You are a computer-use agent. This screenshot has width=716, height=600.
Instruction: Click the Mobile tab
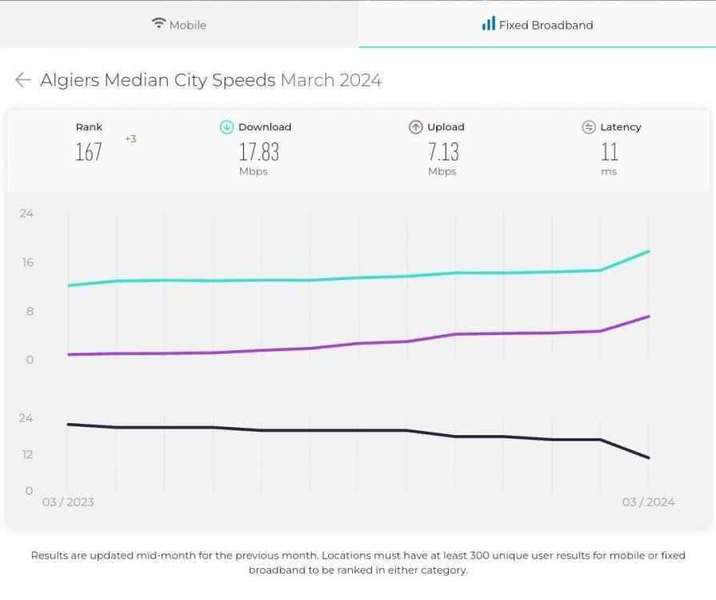[x=179, y=25]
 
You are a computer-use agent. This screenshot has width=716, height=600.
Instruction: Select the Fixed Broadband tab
[x=538, y=25]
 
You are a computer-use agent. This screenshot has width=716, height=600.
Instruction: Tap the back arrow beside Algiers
[x=23, y=80]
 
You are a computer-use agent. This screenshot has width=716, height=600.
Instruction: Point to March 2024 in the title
[x=330, y=80]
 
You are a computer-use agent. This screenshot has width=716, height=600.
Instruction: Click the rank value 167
[x=89, y=152]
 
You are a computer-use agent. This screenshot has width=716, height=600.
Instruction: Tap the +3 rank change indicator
[x=130, y=139]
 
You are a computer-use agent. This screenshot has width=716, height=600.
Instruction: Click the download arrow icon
[x=226, y=127]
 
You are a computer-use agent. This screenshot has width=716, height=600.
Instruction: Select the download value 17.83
[x=258, y=152]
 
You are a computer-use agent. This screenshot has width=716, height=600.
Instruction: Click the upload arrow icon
[x=415, y=127]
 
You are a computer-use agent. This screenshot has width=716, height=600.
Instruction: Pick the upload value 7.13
[x=442, y=152]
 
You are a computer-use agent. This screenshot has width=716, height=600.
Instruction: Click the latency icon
[x=589, y=127]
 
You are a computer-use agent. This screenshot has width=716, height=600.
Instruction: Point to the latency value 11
[x=609, y=152]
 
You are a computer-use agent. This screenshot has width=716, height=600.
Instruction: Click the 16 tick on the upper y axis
[x=27, y=262]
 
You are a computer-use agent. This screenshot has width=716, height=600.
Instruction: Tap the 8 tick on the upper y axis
[x=30, y=311]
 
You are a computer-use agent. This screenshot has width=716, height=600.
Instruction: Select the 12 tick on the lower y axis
[x=27, y=454]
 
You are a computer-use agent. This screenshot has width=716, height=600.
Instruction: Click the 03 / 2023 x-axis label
[x=68, y=502]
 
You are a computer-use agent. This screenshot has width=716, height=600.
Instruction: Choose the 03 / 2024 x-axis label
[x=648, y=502]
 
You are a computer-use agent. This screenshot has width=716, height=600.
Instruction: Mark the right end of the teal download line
[x=649, y=251]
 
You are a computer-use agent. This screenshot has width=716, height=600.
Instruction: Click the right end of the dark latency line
[x=649, y=458]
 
